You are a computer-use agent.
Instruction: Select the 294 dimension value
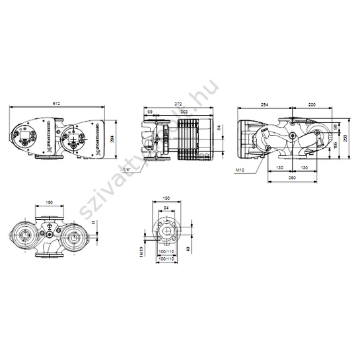(264, 104)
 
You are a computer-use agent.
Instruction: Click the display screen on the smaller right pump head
(73, 140)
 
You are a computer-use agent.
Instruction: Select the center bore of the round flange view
(166, 233)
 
